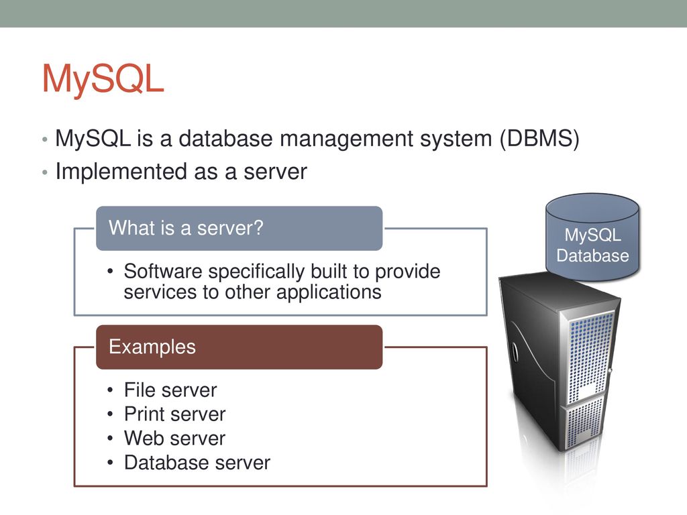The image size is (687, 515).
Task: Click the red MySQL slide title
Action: (x=103, y=79)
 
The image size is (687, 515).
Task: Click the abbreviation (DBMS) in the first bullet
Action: (x=539, y=139)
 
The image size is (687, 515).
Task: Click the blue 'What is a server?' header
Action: (x=240, y=228)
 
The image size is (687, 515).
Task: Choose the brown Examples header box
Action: (x=240, y=347)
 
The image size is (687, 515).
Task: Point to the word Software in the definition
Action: (x=163, y=272)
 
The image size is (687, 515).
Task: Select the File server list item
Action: (x=170, y=390)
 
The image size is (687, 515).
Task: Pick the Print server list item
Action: (x=175, y=414)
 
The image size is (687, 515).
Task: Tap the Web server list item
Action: (x=175, y=439)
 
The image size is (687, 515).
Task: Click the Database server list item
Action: (x=197, y=463)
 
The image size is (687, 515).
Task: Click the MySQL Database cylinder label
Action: (x=593, y=245)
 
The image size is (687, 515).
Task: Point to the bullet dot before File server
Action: (x=110, y=390)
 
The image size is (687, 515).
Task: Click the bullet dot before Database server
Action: (x=110, y=463)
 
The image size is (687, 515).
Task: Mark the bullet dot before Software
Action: (x=110, y=272)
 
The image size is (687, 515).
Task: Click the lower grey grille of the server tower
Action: (x=585, y=422)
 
